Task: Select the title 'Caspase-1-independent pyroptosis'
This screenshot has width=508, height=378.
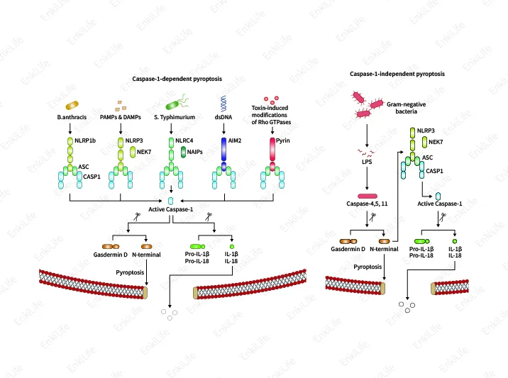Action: [x=397, y=74]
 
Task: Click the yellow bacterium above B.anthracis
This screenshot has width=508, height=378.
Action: [x=70, y=106]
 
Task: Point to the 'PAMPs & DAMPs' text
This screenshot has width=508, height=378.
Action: [x=121, y=118]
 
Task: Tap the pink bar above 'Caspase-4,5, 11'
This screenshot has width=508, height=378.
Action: [x=368, y=195]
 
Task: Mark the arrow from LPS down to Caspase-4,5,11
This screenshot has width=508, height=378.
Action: [x=366, y=181]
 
